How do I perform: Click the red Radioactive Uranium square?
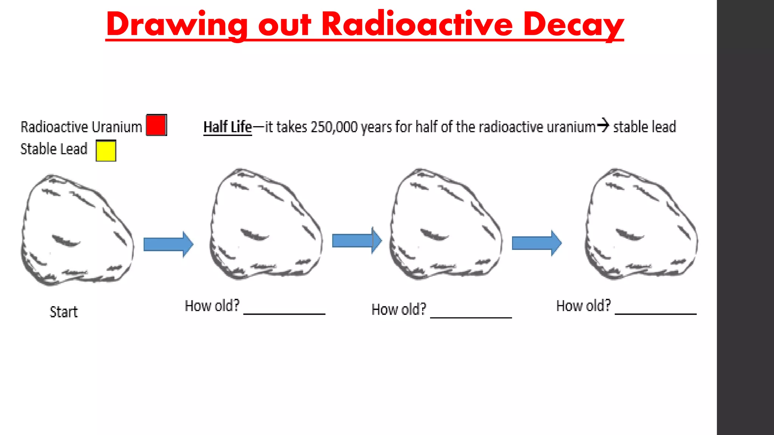[x=156, y=125]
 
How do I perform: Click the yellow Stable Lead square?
[x=106, y=151]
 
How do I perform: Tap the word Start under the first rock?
[x=63, y=312]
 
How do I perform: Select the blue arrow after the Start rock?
[x=168, y=244]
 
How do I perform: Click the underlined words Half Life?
[x=228, y=127]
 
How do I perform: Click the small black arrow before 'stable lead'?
[x=603, y=125]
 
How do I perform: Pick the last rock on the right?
[x=641, y=224]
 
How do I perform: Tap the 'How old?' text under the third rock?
[x=399, y=310]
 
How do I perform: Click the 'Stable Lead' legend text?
[x=54, y=149]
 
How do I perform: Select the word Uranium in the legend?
[x=117, y=127]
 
